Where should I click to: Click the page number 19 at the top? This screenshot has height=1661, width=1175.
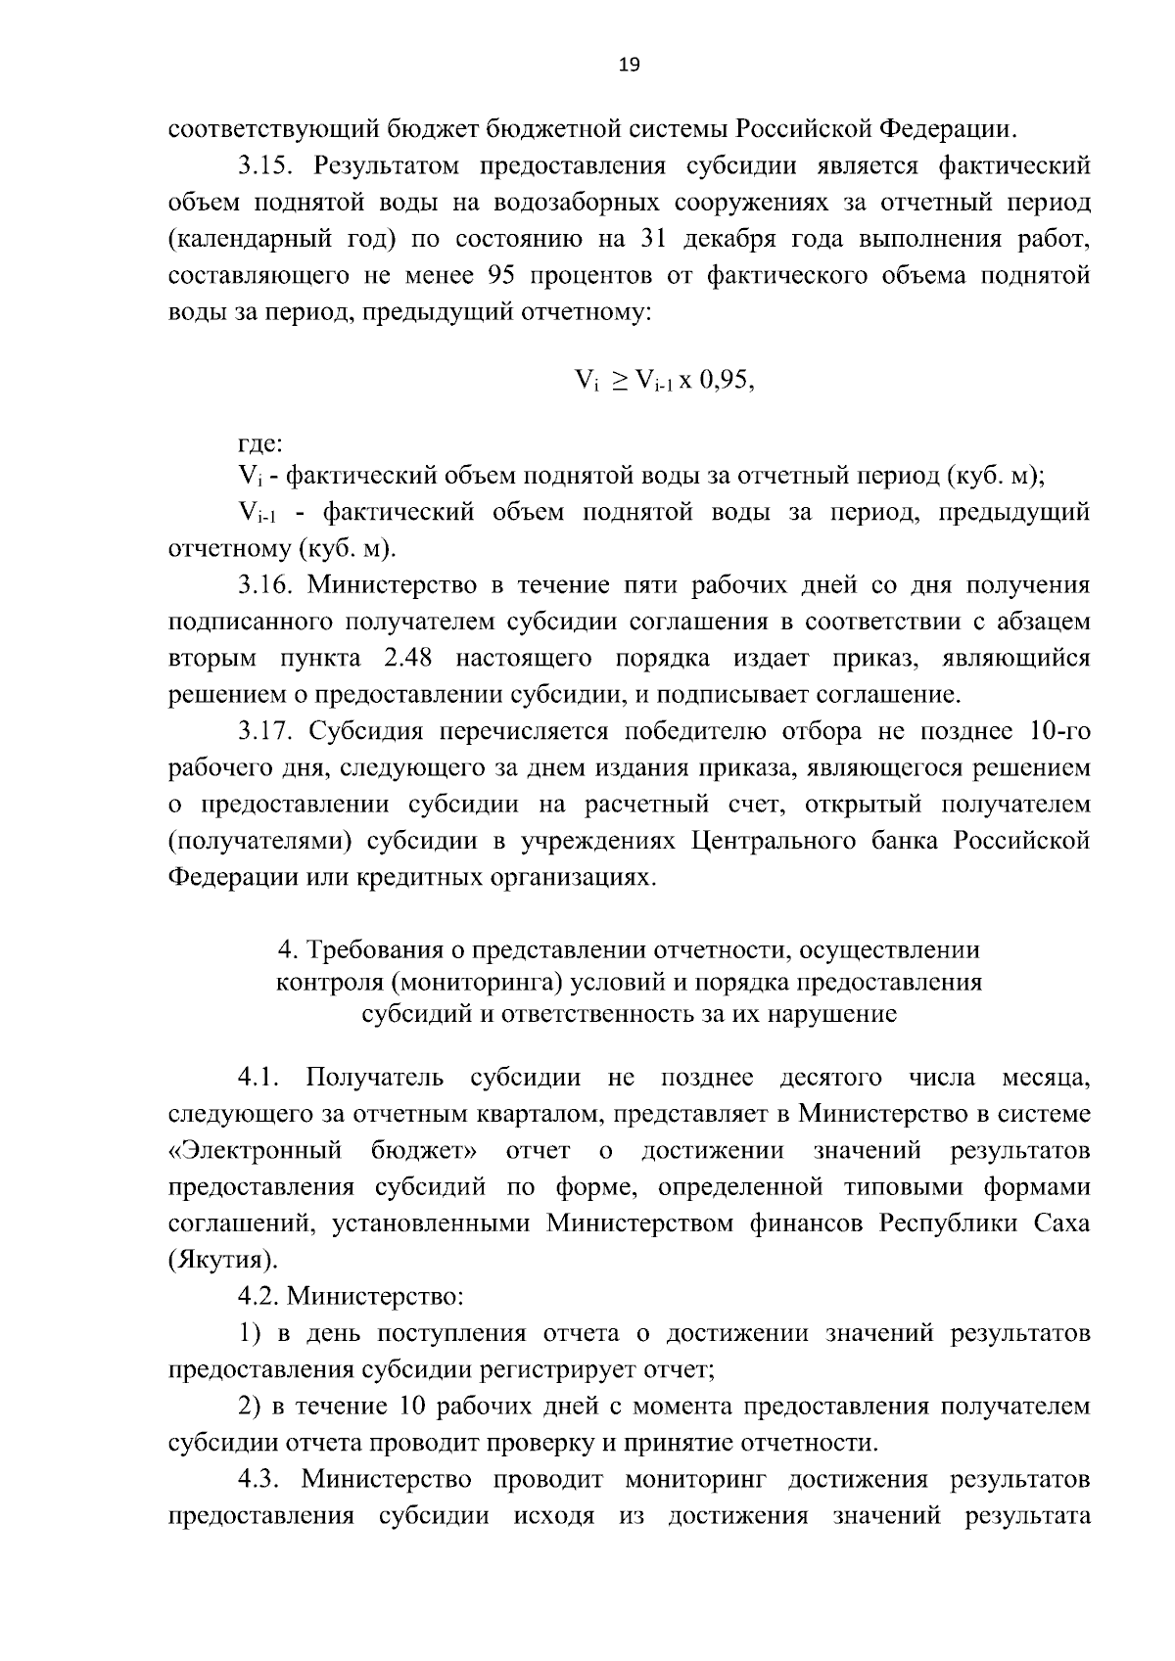point(629,65)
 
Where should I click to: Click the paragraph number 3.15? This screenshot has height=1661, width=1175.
point(269,165)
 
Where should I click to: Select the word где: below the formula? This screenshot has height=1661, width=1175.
point(260,443)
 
